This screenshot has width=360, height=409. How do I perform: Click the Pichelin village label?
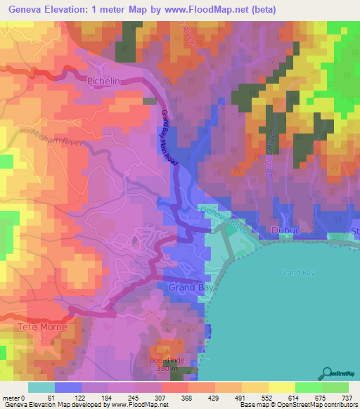[x=106, y=82]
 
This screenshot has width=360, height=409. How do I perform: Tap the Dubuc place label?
[x=285, y=230]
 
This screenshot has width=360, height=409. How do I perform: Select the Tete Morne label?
[x=44, y=327]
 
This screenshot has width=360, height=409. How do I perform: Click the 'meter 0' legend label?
[x=15, y=397]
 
